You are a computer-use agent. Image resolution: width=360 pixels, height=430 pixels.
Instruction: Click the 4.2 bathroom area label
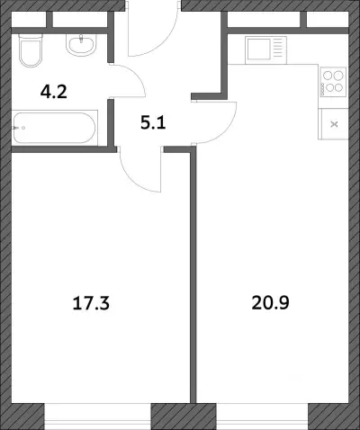[54, 92]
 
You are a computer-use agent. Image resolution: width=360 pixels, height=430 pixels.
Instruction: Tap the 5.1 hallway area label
[153, 122]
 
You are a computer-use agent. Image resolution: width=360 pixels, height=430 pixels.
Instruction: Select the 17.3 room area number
[91, 303]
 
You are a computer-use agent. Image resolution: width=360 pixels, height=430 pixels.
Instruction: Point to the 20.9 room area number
[270, 302]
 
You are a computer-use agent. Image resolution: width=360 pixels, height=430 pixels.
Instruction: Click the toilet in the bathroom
[31, 50]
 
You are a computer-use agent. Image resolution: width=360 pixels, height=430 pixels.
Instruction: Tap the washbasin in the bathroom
[81, 45]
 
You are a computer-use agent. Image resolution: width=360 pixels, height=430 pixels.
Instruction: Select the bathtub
[55, 128]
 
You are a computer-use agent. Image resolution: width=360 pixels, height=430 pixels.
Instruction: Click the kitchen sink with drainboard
[265, 50]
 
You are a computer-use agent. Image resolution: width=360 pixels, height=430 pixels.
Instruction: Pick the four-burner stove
[333, 82]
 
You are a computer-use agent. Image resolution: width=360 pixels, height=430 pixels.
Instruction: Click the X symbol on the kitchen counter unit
[334, 124]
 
